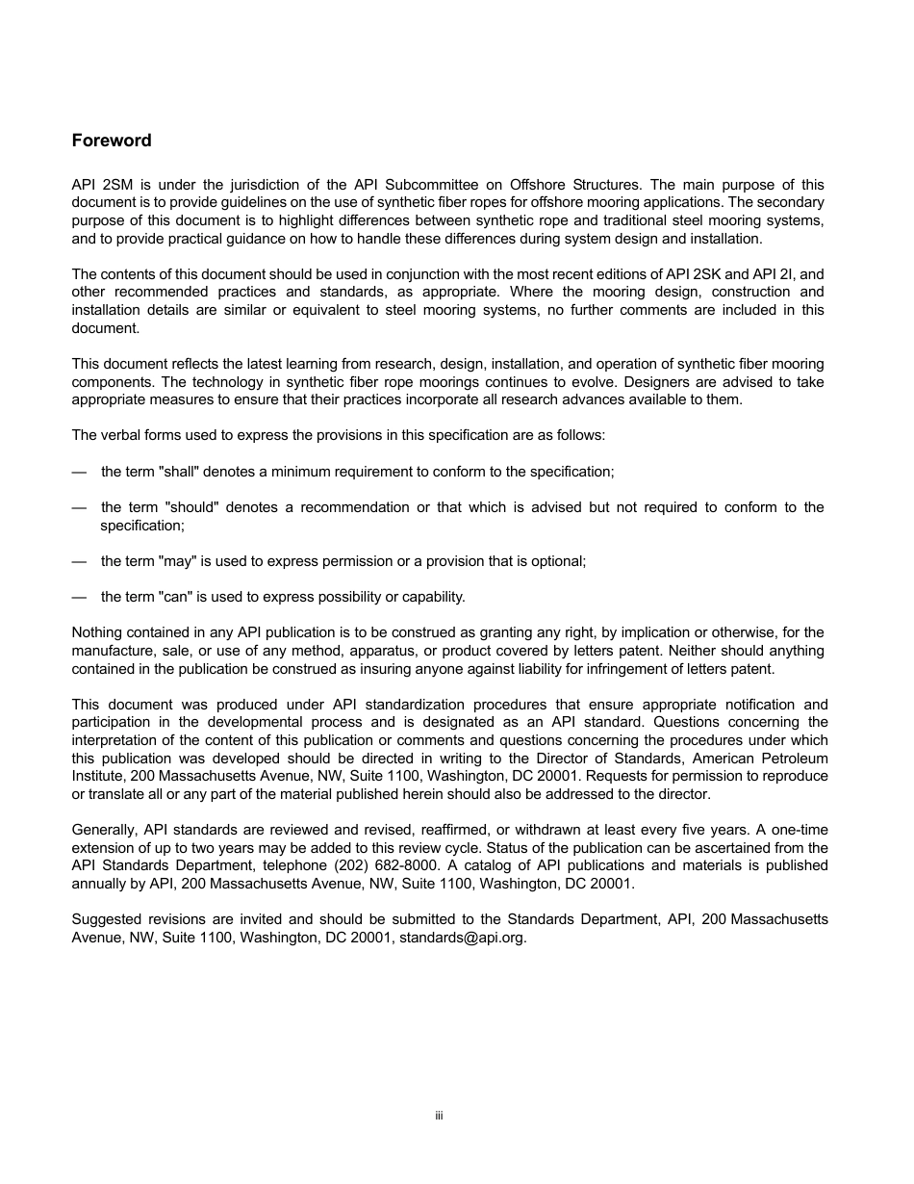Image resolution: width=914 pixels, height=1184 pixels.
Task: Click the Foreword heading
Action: [x=112, y=141]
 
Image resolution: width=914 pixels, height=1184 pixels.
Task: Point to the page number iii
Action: [x=439, y=1116]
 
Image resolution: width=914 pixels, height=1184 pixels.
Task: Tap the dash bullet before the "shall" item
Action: [x=79, y=472]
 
